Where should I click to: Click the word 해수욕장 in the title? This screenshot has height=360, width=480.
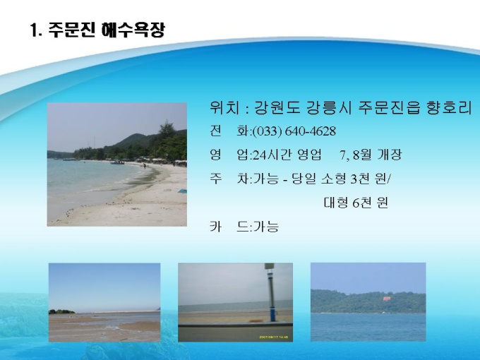click(133, 30)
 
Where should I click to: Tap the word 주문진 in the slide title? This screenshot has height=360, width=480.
click(72, 30)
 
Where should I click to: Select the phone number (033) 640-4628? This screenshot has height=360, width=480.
click(294, 131)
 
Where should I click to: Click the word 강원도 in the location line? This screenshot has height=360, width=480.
click(277, 108)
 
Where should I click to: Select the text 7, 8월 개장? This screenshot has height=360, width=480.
click(371, 155)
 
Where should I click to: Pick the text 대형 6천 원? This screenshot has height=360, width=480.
click(356, 203)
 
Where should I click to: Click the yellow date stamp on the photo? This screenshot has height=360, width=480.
click(274, 337)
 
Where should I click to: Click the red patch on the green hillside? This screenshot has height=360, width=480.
click(388, 298)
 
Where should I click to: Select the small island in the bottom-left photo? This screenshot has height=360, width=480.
click(61, 311)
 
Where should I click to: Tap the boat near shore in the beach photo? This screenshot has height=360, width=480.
click(118, 162)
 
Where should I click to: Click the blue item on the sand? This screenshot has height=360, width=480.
click(182, 191)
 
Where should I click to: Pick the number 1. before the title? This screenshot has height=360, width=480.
click(36, 30)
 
